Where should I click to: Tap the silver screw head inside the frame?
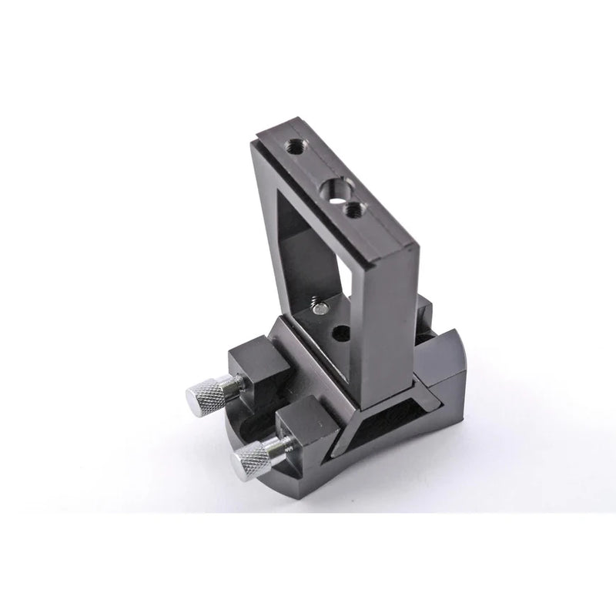pos(318,310)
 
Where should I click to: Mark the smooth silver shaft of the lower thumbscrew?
pos(280,447)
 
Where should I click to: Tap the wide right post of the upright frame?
pos(393,323)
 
